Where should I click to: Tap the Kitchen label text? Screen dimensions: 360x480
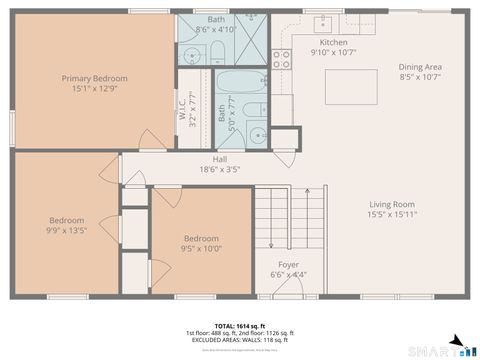coord(333,43)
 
